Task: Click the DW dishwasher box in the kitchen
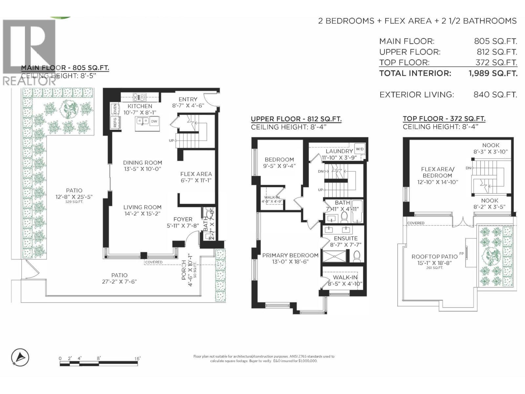click(154, 121)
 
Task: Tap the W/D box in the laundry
click(360, 149)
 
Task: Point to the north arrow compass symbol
click(20, 357)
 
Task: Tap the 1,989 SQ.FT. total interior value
click(493, 73)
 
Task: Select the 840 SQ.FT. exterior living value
click(495, 95)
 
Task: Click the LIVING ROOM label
click(142, 207)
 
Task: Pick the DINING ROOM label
click(142, 163)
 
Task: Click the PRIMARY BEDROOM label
click(290, 255)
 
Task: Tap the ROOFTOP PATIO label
click(434, 256)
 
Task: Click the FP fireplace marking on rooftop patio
click(462, 253)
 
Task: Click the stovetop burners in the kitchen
click(139, 97)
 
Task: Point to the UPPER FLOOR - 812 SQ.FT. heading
click(296, 119)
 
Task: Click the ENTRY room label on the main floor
click(188, 99)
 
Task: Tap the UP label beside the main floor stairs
click(171, 141)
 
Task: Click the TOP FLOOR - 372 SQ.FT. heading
click(444, 119)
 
